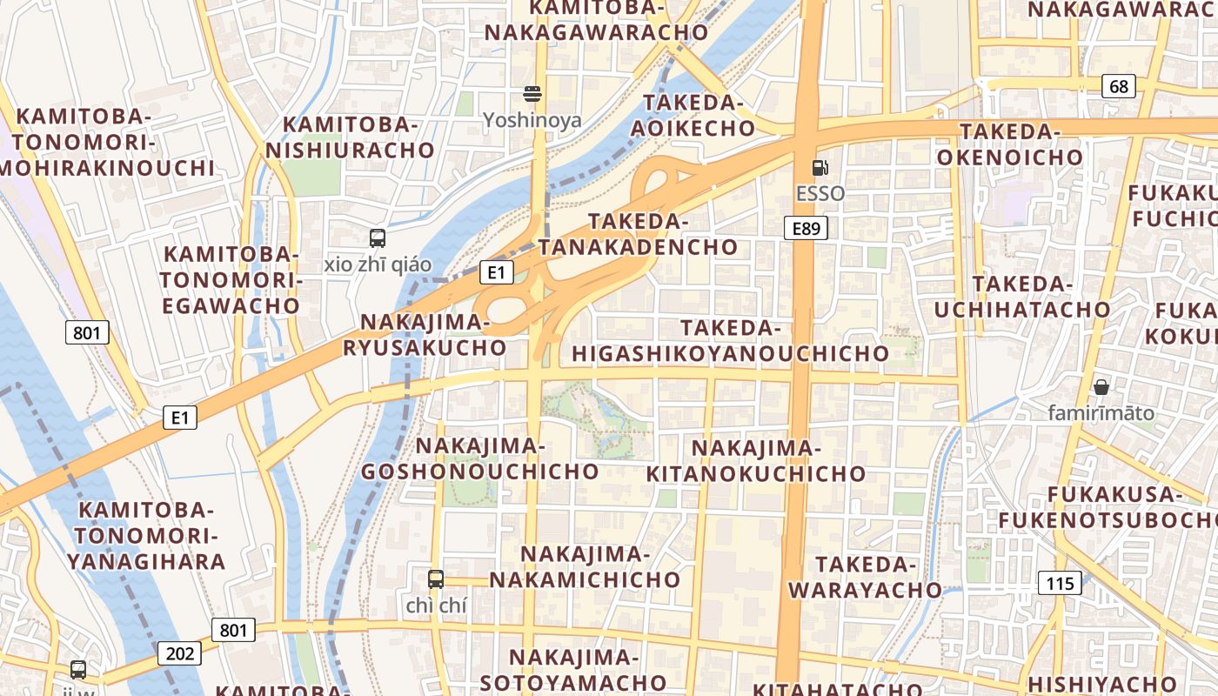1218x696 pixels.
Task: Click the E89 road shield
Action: click(805, 229)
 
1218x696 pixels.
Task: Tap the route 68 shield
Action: click(1118, 86)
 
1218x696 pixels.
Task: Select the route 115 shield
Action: click(1061, 583)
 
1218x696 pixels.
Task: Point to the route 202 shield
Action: click(179, 653)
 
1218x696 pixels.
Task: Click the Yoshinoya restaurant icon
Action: click(532, 94)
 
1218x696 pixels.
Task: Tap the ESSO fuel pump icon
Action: click(820, 167)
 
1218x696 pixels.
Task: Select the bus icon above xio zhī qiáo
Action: click(378, 238)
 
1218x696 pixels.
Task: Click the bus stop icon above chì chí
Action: click(436, 579)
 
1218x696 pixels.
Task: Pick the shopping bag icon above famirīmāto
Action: click(1101, 387)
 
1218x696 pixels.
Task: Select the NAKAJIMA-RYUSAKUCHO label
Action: click(425, 335)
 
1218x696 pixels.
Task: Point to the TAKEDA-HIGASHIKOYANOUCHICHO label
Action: click(730, 341)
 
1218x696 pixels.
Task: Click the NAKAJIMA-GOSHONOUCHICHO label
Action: click(479, 458)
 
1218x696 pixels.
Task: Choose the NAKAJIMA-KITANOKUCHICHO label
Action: click(755, 461)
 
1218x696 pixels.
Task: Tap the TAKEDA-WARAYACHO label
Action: click(865, 577)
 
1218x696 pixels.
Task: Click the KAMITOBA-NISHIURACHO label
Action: click(350, 137)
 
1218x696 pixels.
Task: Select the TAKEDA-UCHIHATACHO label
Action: click(1022, 297)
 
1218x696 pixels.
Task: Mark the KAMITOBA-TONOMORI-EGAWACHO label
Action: click(231, 280)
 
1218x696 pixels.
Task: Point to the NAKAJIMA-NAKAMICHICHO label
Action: click(585, 566)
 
